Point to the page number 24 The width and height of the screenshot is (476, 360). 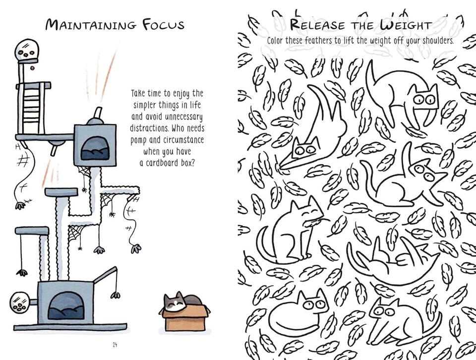[115, 344]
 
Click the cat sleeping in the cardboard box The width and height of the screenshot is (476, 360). [178, 302]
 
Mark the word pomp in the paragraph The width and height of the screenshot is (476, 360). [140, 141]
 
